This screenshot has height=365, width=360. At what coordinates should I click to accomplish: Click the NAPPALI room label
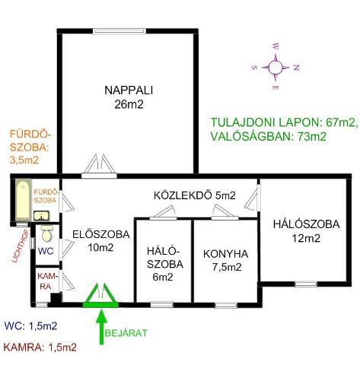pyautogui.click(x=129, y=90)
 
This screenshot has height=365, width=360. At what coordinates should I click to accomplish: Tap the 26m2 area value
pyautogui.click(x=129, y=104)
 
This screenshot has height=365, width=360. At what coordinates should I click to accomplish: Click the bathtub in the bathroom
pyautogui.click(x=23, y=200)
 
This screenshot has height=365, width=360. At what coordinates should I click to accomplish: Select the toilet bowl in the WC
pyautogui.click(x=47, y=233)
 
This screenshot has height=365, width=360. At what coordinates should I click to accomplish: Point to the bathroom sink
pyautogui.click(x=41, y=216)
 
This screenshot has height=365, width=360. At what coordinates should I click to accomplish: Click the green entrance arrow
pyautogui.click(x=101, y=327)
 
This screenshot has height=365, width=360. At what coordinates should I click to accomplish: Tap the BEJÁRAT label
pyautogui.click(x=126, y=333)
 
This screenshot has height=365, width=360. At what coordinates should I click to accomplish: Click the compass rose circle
pyautogui.click(x=275, y=68)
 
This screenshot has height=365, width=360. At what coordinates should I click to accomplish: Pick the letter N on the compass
pyautogui.click(x=296, y=68)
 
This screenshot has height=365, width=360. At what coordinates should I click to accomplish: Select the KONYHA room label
pyautogui.click(x=225, y=254)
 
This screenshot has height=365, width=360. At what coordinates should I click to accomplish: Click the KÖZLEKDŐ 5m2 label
pyautogui.click(x=195, y=195)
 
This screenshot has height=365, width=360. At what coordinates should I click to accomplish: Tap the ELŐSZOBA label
pyautogui.click(x=101, y=234)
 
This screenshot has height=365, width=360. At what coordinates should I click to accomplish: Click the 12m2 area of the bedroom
pyautogui.click(x=306, y=238)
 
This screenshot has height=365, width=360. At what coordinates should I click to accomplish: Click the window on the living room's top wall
pyautogui.click(x=119, y=31)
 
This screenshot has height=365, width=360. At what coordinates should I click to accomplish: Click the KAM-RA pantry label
pyautogui.click(x=47, y=281)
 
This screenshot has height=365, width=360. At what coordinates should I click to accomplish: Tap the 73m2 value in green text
pyautogui.click(x=312, y=137)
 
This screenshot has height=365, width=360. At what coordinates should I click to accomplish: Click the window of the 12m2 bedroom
pyautogui.click(x=306, y=284)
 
